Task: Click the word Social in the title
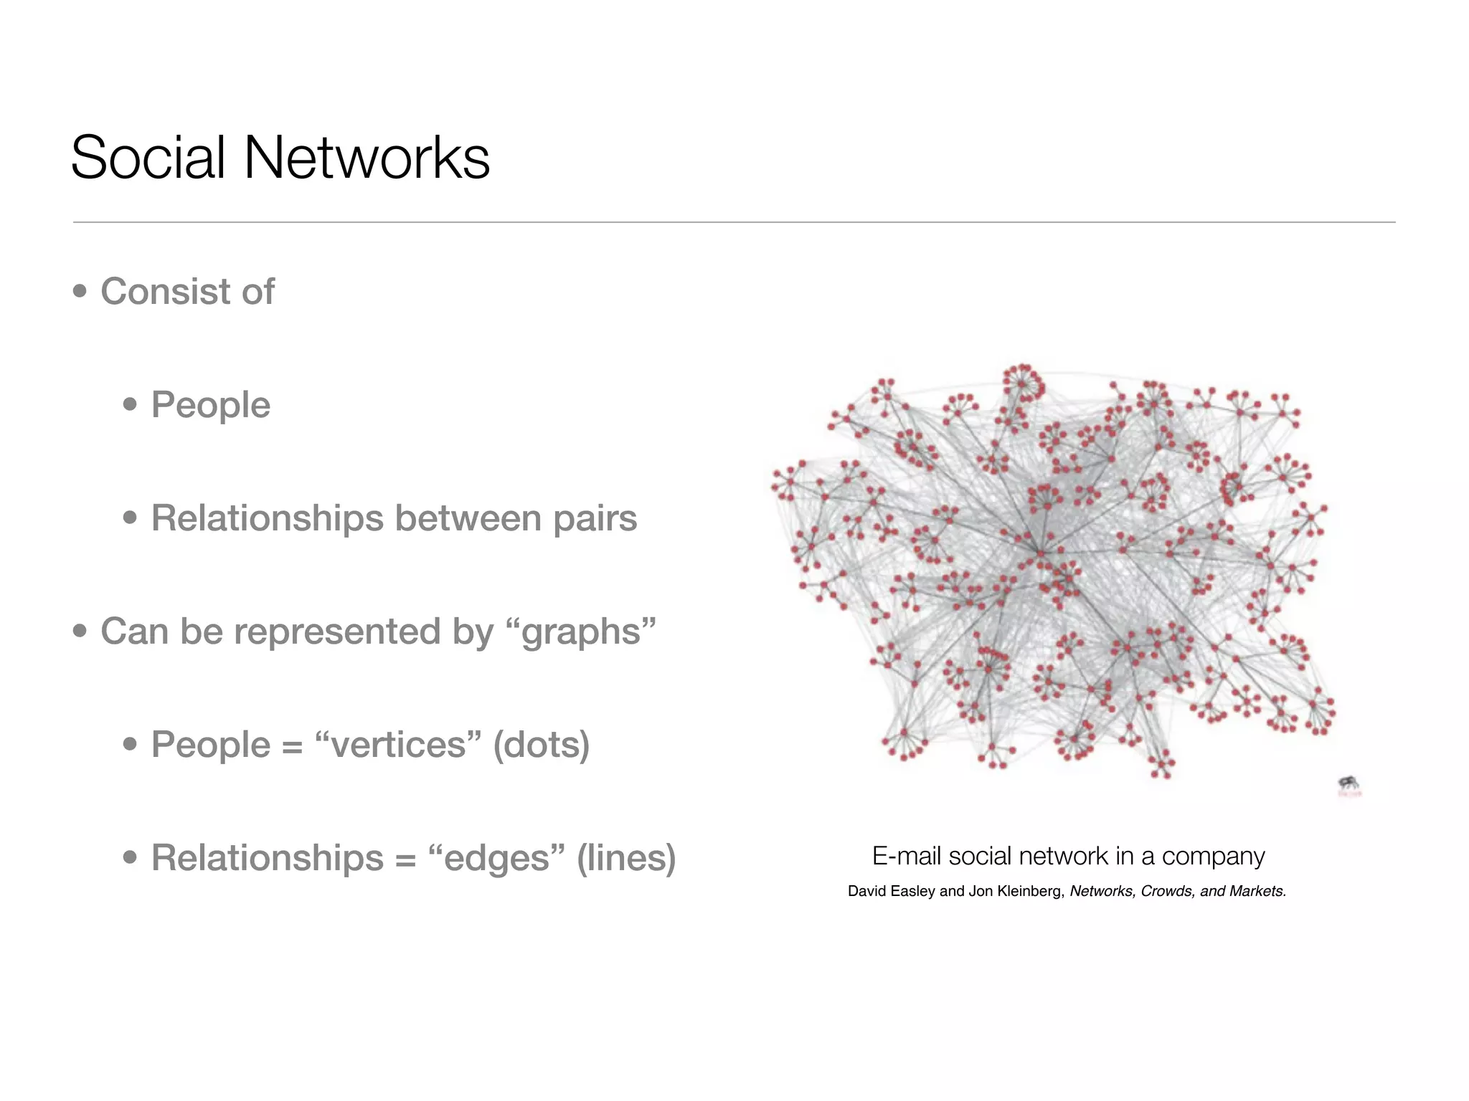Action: (148, 158)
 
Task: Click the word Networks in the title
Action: (367, 158)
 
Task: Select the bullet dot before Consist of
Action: (80, 292)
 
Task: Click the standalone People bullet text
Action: (211, 405)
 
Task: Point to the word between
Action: (468, 518)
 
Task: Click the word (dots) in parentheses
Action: (542, 745)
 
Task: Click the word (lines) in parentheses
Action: (626, 858)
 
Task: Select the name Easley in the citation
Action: (912, 892)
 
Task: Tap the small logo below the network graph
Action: (1349, 786)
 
